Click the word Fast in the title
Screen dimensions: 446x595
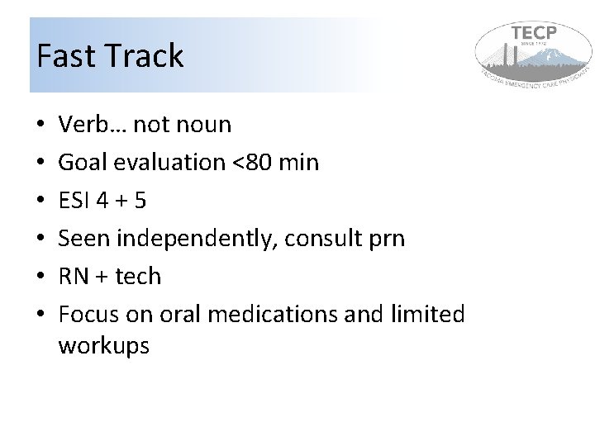click(65, 56)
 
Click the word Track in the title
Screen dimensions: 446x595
click(143, 56)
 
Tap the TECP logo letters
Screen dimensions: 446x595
click(534, 33)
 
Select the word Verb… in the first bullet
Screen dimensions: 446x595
click(93, 125)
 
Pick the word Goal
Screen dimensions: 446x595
click(83, 163)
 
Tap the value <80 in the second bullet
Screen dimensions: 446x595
click(254, 163)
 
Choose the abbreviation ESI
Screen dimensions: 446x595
click(76, 201)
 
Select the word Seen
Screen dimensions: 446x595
click(84, 239)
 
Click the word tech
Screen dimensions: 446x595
click(137, 277)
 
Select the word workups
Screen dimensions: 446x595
click(104, 346)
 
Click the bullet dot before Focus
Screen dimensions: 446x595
click(40, 316)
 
